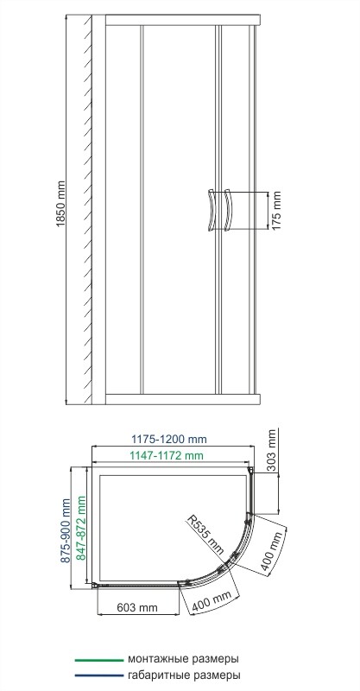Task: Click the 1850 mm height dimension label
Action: click(x=60, y=204)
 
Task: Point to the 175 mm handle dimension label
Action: click(x=277, y=211)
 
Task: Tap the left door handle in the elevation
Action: click(x=210, y=210)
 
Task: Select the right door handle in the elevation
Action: click(x=228, y=210)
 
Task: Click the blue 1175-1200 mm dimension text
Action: click(x=170, y=440)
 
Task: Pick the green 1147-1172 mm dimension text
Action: click(x=167, y=455)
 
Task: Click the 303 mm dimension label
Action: click(x=273, y=450)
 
